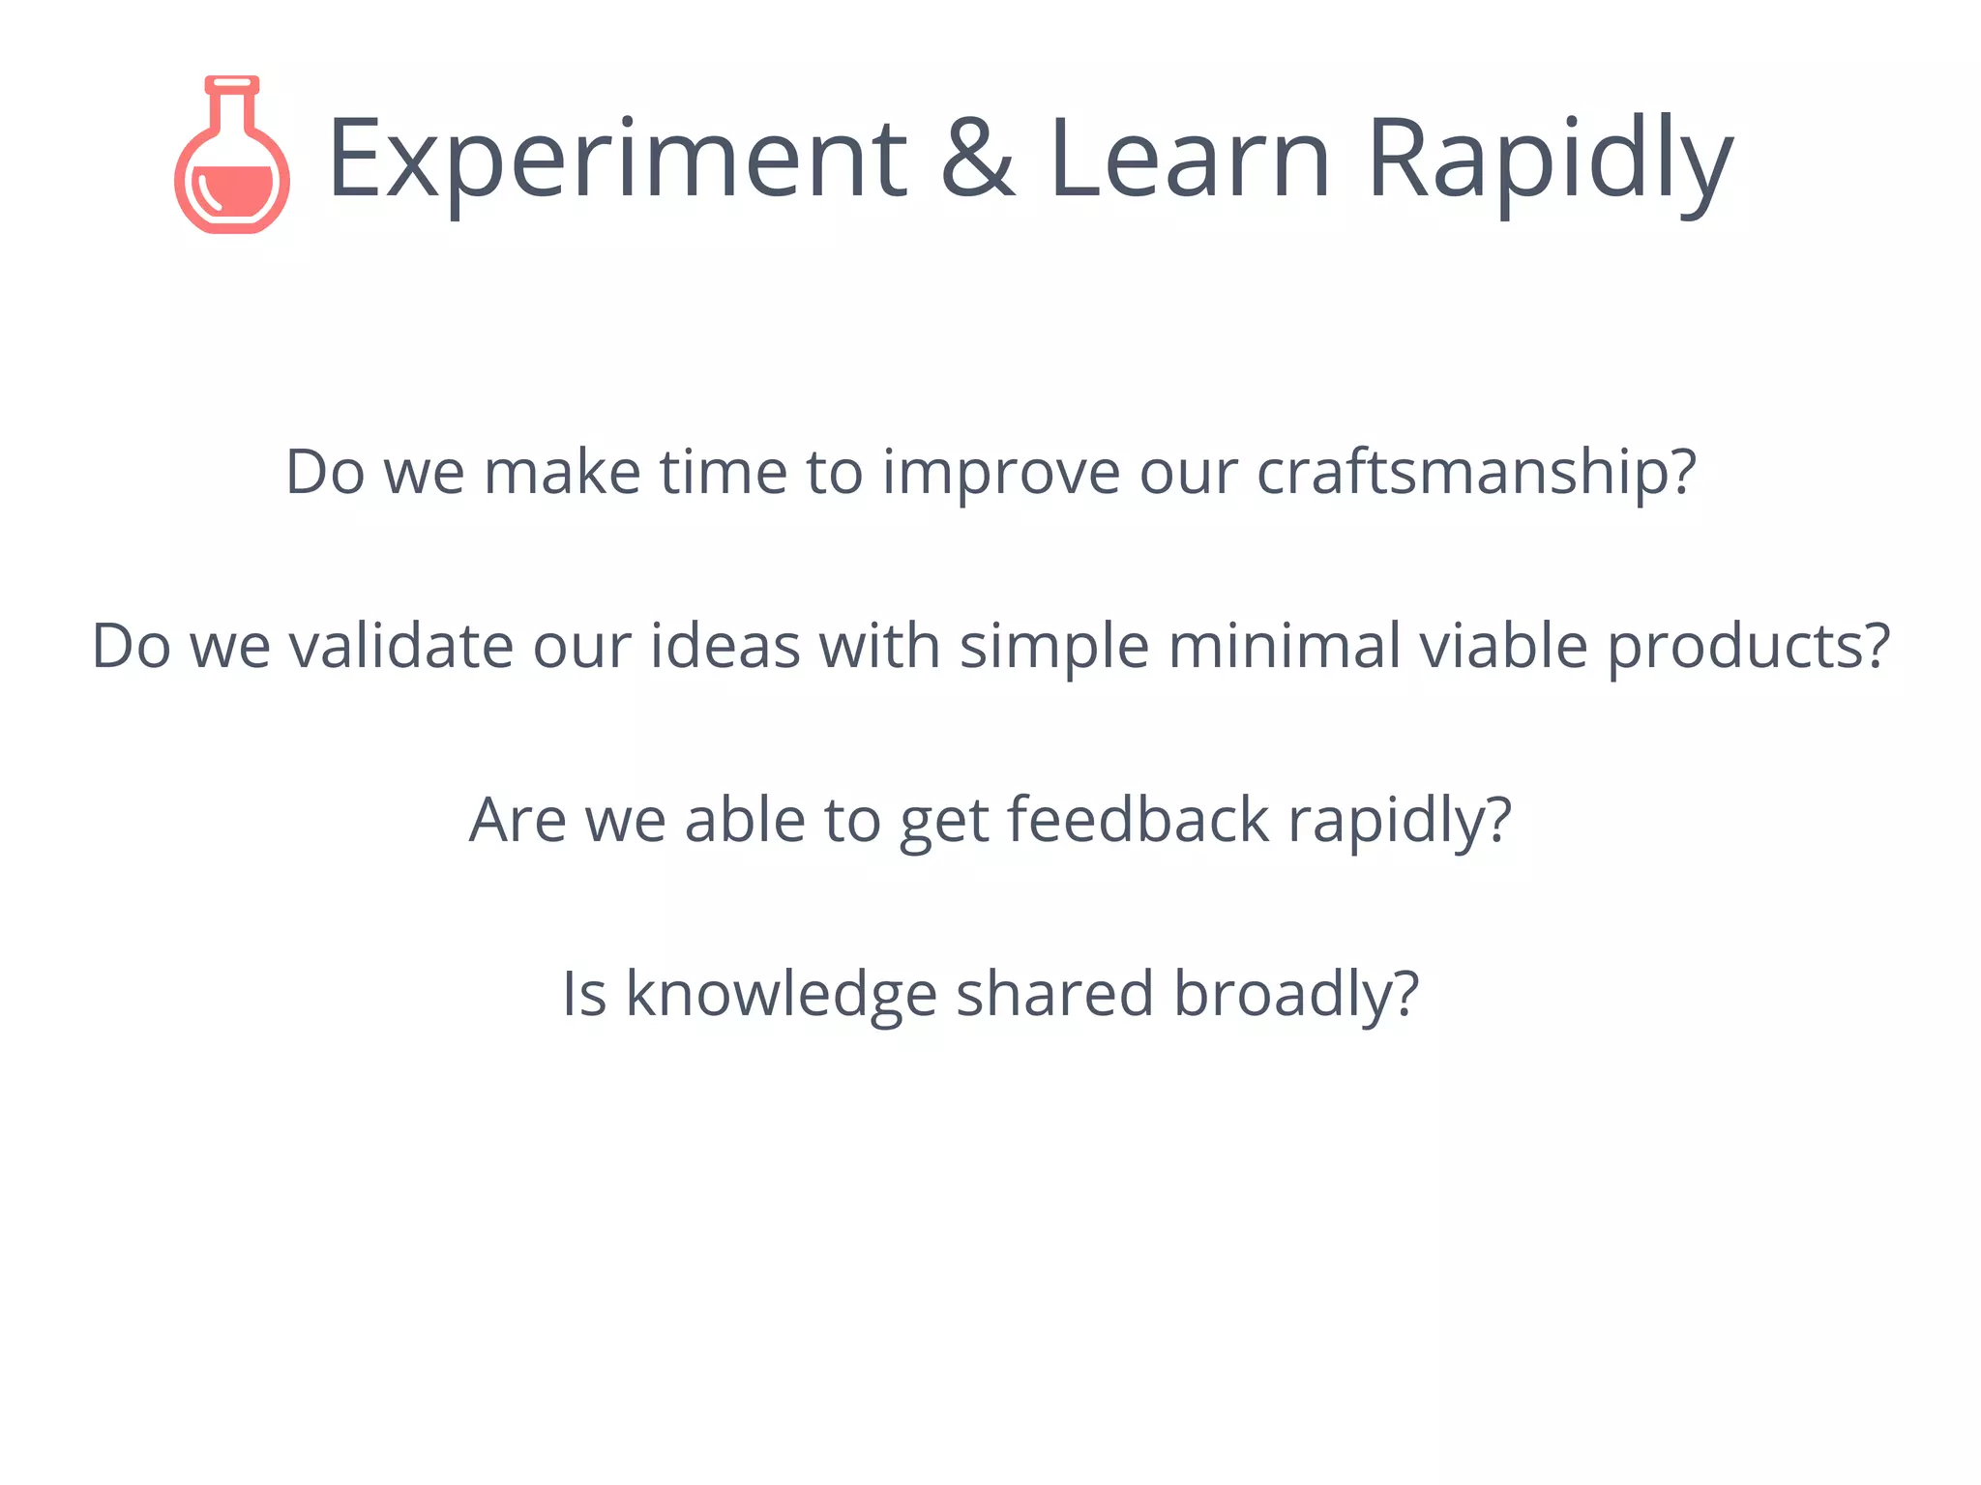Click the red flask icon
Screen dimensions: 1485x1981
click(x=232, y=157)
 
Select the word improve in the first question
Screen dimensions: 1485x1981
click(x=1001, y=474)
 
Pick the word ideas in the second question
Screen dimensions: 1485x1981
click(x=725, y=647)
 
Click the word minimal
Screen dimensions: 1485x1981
click(x=1285, y=647)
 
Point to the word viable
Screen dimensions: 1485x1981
click(x=1504, y=647)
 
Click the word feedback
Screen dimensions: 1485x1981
click(x=1138, y=821)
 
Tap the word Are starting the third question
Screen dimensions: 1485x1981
click(x=517, y=821)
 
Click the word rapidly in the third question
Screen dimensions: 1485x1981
click(x=1399, y=821)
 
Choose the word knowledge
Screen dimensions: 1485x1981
click(x=782, y=995)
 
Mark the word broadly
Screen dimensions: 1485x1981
click(x=1296, y=995)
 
